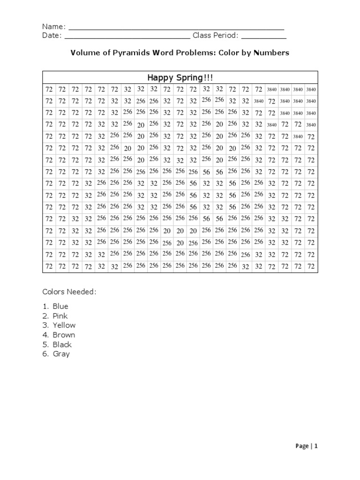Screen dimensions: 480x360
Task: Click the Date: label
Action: (x=52, y=36)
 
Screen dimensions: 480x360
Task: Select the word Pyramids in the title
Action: (x=124, y=53)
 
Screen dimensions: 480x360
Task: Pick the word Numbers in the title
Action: (x=271, y=52)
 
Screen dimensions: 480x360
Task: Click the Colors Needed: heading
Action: (x=69, y=292)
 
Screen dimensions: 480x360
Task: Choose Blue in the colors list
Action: (x=60, y=307)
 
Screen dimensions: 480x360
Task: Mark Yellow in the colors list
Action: (x=64, y=325)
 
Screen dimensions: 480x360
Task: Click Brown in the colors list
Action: (x=64, y=335)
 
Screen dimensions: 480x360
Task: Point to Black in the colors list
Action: (x=62, y=345)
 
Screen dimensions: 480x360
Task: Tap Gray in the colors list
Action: (x=61, y=354)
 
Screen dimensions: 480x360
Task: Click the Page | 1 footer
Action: (x=307, y=446)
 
